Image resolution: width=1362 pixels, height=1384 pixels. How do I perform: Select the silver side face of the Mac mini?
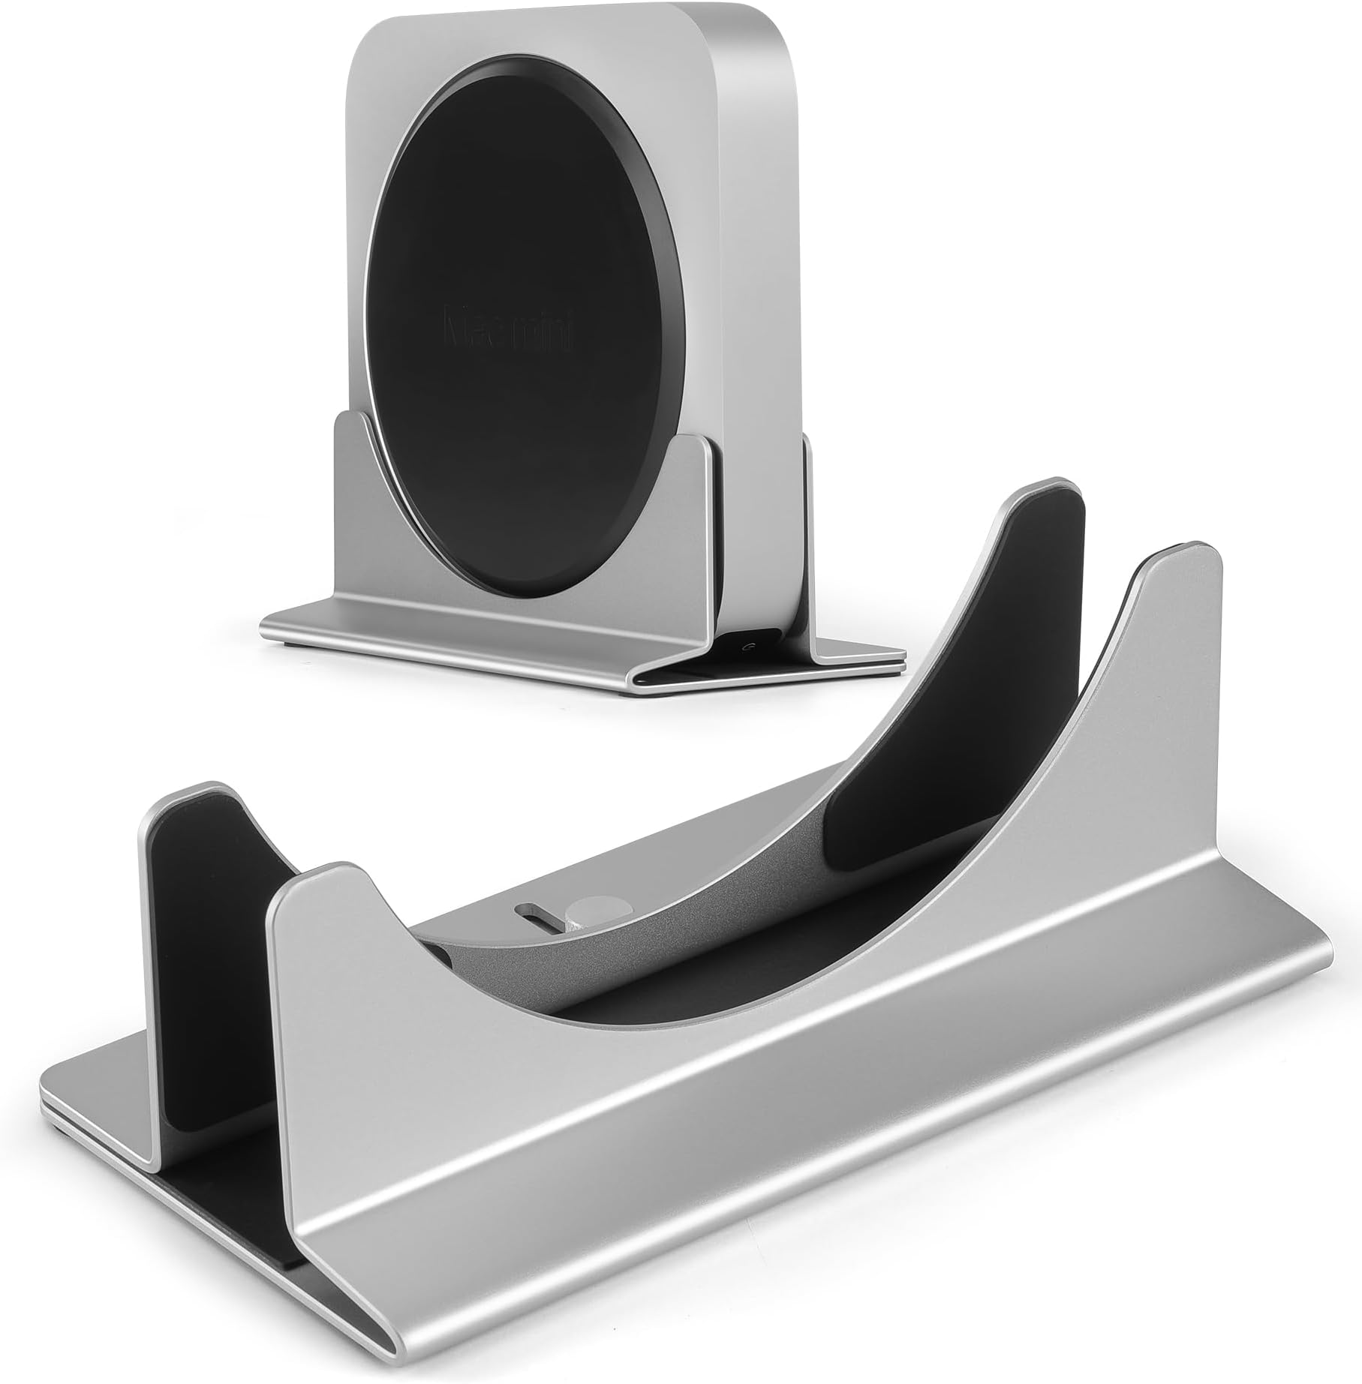758,300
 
